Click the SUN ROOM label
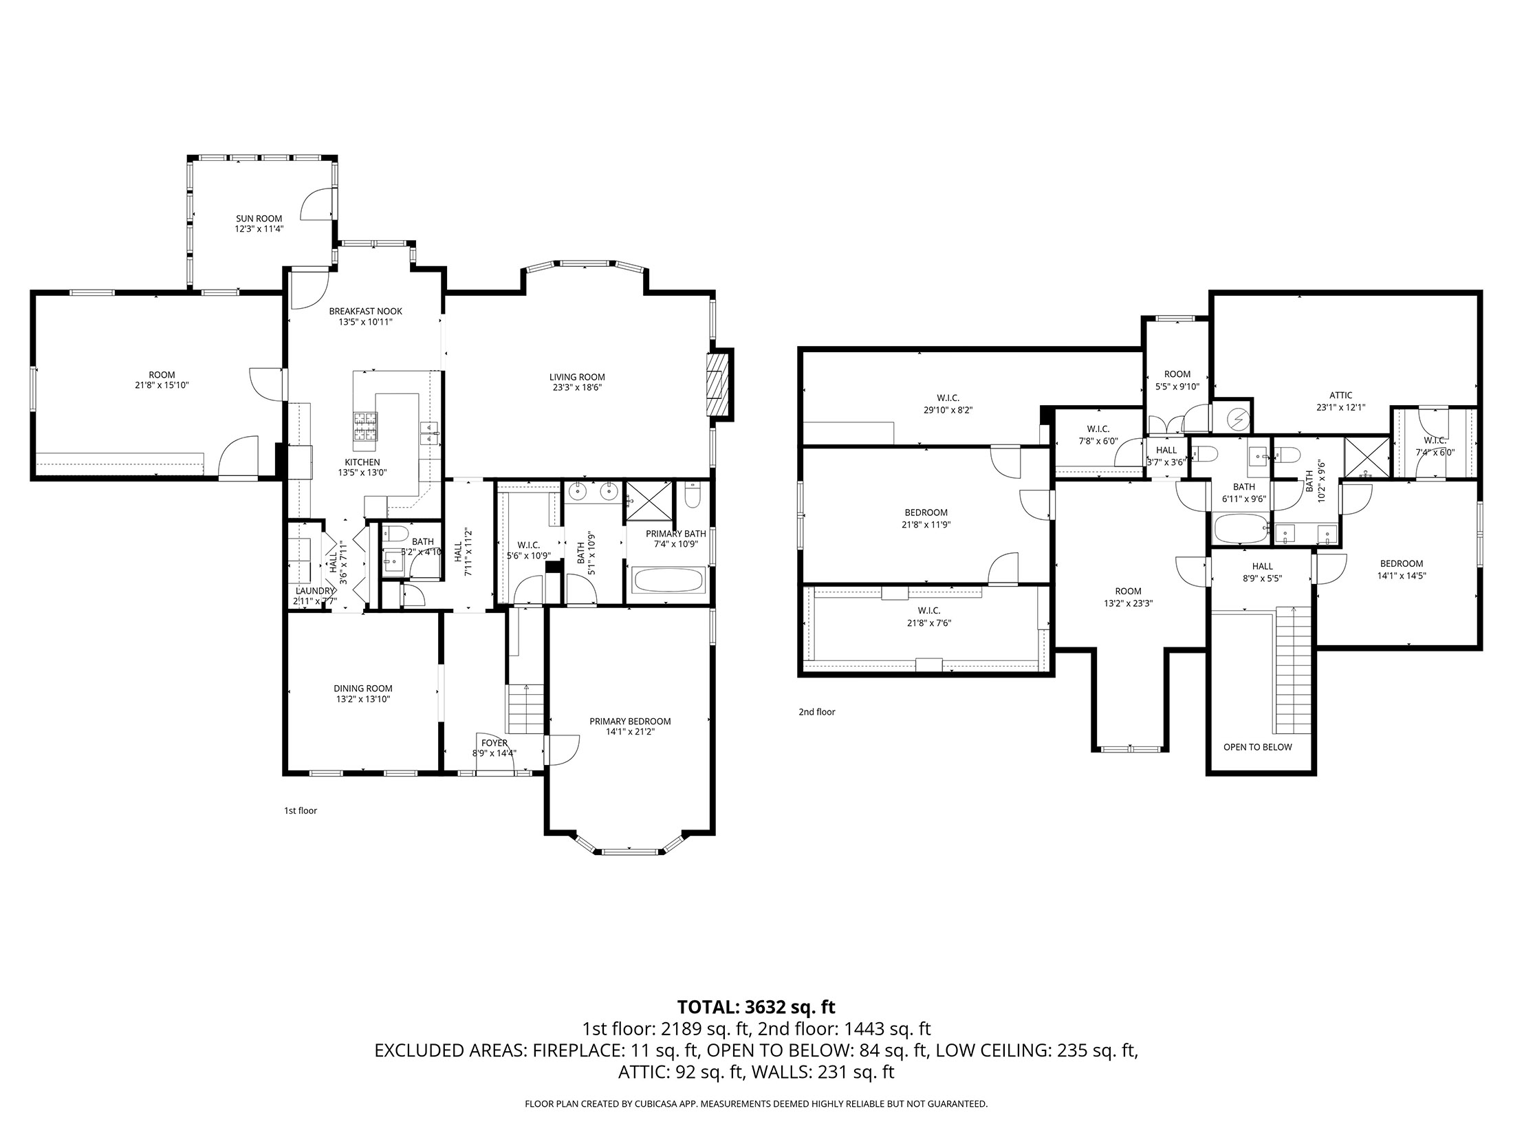(259, 219)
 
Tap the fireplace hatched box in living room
(719, 385)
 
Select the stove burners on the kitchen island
(365, 426)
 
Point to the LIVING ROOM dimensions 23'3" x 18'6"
(577, 387)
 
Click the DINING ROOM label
(363, 689)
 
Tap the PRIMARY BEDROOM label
(629, 722)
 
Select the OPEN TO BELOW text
(1257, 747)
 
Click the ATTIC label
(1340, 396)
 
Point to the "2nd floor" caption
(816, 712)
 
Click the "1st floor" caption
(301, 811)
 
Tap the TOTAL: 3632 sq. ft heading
(756, 1007)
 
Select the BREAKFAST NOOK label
(365, 311)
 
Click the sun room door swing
(318, 204)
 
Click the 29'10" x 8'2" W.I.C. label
(948, 404)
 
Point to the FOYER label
(494, 743)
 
